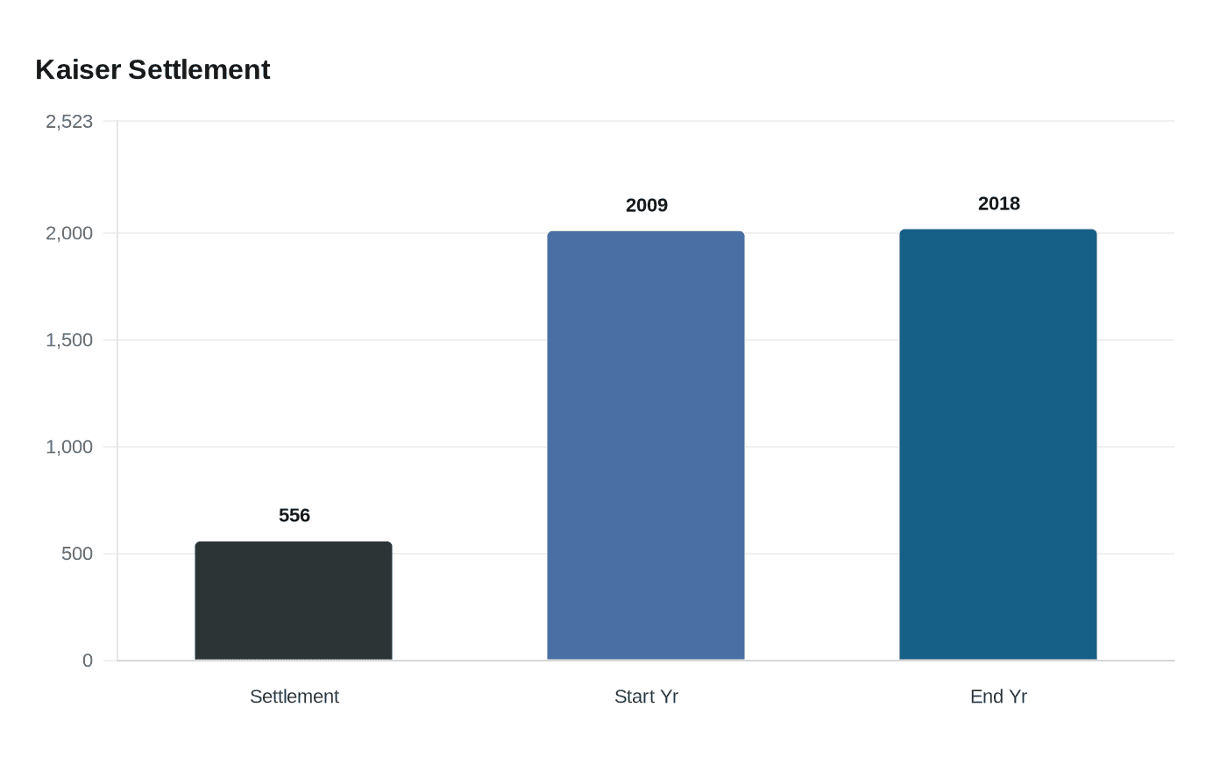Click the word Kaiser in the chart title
78,70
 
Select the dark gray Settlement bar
294,601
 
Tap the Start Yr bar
646,446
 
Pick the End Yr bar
998,445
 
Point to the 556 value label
294,515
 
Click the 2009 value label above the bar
647,205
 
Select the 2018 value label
999,203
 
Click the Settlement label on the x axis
294,697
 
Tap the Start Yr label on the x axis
647,697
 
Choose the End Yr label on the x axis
999,697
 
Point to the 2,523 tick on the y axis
69,122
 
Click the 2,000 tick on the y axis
69,233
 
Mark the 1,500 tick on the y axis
69,340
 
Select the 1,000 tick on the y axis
69,447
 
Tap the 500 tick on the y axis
77,554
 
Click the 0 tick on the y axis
88,661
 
